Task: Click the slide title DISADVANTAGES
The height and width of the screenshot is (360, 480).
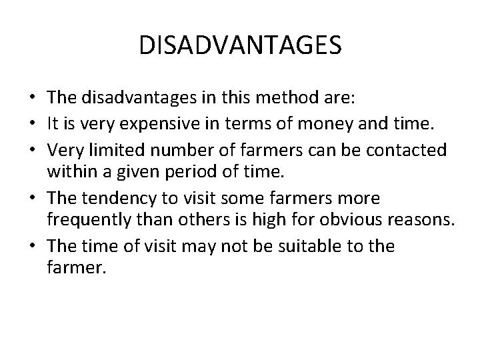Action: pyautogui.click(x=240, y=45)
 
